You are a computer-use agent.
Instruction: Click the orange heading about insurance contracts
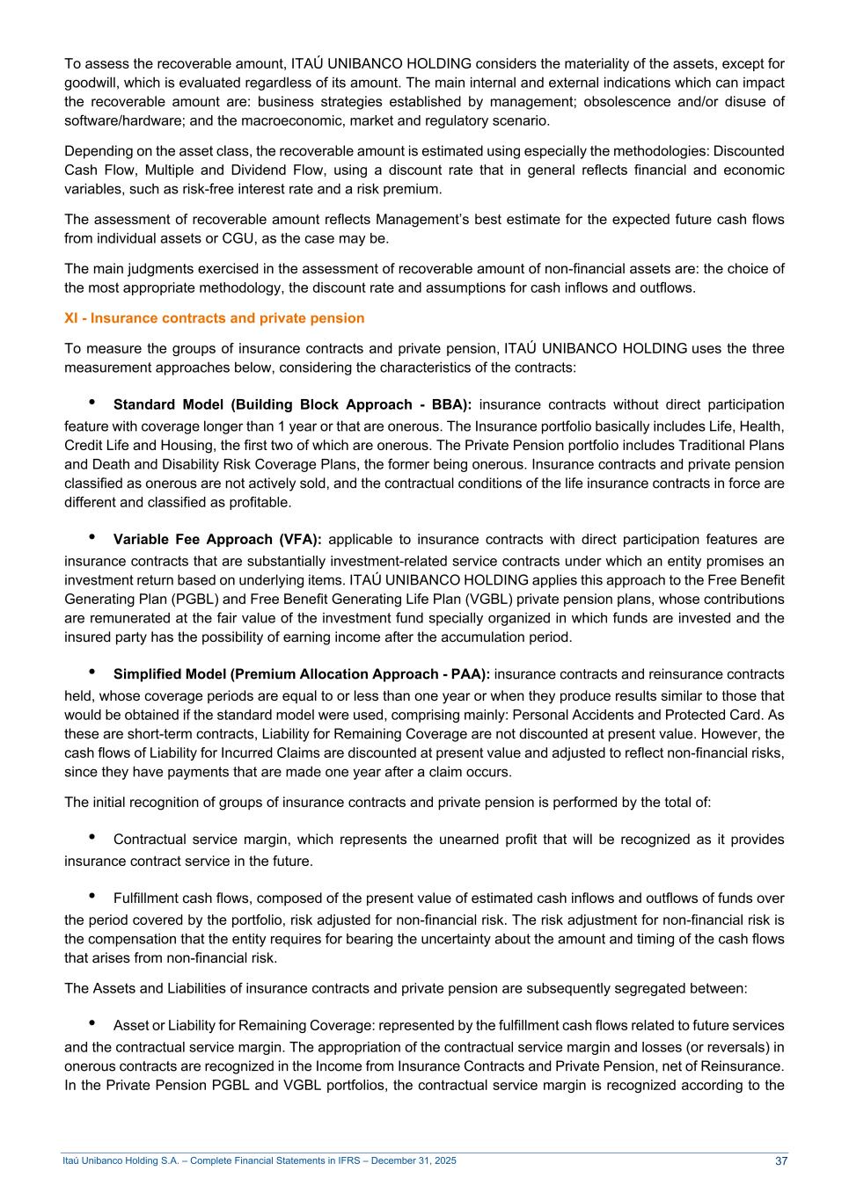pyautogui.click(x=214, y=318)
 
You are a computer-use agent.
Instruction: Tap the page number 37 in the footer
pyautogui.click(x=781, y=1161)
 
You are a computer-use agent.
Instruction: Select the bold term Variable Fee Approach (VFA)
pyautogui.click(x=217, y=540)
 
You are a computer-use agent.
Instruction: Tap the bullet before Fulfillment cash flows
pyautogui.click(x=92, y=897)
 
